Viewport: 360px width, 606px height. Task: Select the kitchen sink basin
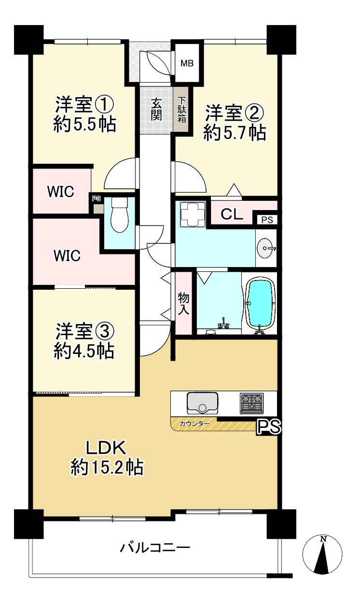click(202, 402)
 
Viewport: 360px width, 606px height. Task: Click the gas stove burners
click(251, 402)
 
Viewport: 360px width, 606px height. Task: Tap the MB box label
click(187, 63)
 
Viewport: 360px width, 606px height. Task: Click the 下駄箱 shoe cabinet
click(181, 110)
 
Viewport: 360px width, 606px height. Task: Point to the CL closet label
click(232, 214)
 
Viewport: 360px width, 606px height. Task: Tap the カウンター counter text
click(194, 424)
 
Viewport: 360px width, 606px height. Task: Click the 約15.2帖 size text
click(107, 467)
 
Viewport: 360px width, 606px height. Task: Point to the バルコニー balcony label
click(155, 548)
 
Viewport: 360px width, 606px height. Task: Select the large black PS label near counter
click(269, 427)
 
